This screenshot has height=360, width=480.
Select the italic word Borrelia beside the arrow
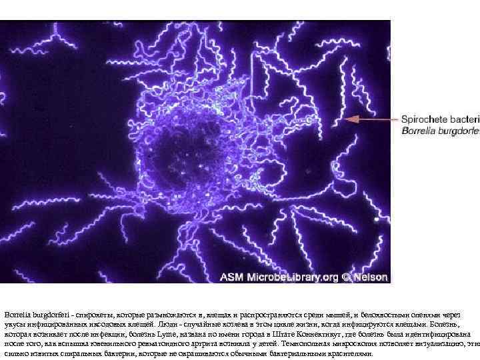pyautogui.click(x=419, y=131)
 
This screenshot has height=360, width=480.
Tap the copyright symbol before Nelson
pyautogui.click(x=345, y=275)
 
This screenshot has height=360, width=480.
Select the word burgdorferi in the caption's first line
pyautogui.click(x=51, y=313)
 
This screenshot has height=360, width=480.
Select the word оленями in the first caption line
pyautogui.click(x=421, y=313)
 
